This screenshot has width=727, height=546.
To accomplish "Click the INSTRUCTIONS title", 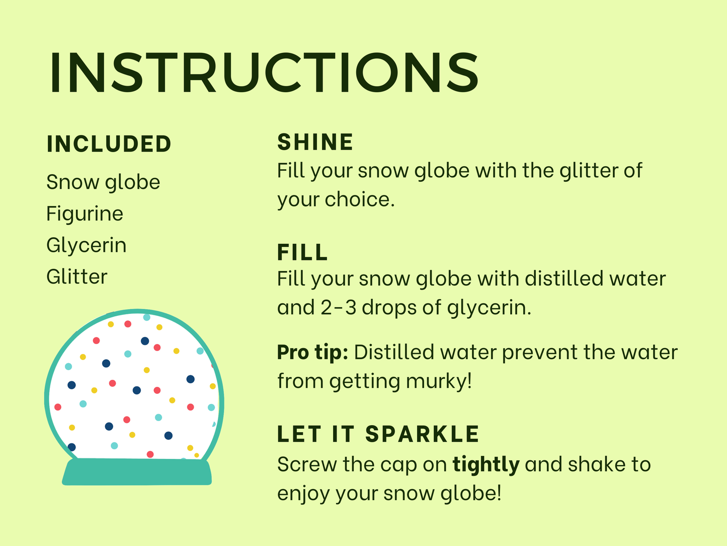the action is [264, 72].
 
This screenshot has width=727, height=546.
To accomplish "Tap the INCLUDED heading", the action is [109, 144].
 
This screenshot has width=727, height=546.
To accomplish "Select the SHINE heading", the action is [315, 142].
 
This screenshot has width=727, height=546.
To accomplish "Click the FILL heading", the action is [302, 252].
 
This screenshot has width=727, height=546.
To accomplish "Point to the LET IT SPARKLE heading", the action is [378, 434].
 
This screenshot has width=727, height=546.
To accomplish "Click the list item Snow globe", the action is [103, 182].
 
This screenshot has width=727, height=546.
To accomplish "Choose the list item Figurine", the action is [85, 214].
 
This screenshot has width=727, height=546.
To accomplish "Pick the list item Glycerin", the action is [86, 245].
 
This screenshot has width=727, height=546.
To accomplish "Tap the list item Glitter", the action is [77, 277].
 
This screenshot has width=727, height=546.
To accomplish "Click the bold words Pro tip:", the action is [312, 353].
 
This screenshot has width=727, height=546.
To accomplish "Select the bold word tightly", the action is [486, 465].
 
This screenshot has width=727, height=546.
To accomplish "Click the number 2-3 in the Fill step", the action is [339, 307].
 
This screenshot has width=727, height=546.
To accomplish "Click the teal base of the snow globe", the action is [137, 472].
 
